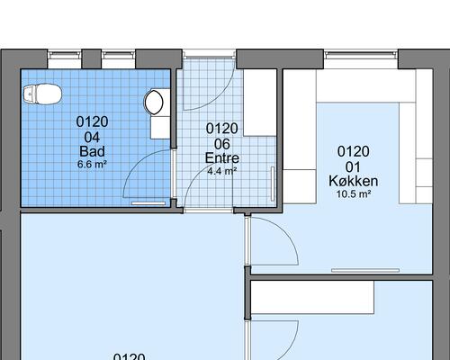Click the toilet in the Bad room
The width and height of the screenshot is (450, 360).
coord(41,93)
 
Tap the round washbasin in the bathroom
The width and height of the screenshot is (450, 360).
coord(155,101)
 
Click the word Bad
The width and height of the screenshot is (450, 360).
coord(90,150)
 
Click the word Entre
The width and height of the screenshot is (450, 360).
coord(221,157)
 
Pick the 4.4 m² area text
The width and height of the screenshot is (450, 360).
coord(221,170)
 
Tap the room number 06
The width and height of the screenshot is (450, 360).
coord(221,144)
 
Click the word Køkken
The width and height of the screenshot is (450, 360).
coord(353,181)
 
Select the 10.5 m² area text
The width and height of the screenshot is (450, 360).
coord(353,194)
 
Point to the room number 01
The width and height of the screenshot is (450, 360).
coord(353,166)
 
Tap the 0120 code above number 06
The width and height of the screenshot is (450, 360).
coord(221,129)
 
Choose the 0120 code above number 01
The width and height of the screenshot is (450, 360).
coord(353,151)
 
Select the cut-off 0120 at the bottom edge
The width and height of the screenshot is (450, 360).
coord(129,356)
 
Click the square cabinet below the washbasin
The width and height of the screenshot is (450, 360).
coord(158,125)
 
